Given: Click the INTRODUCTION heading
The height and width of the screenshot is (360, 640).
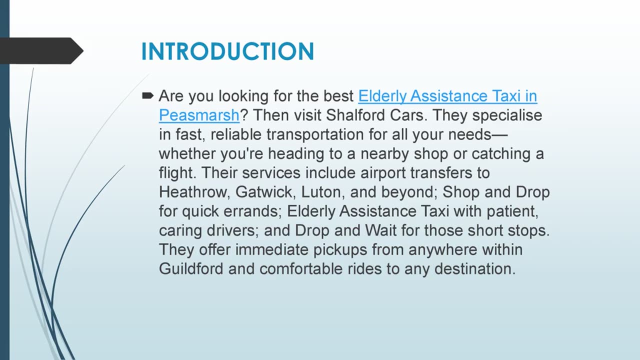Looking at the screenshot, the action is coord(227,51).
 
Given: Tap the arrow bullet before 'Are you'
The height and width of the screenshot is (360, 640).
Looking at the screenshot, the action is coord(147,95).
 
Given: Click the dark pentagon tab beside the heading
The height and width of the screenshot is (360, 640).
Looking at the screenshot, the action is coord(41,51).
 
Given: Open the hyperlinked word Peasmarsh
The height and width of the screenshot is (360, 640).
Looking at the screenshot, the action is coord(199,115).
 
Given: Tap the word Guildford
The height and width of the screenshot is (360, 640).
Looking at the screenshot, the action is coord(191,268).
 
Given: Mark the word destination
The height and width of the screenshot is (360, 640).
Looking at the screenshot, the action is coord(475,268).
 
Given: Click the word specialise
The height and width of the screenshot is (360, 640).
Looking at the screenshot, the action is coord(507,115).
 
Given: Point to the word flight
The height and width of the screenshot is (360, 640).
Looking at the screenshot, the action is coord(177,173).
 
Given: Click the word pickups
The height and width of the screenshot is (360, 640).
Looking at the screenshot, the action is coord(340,249).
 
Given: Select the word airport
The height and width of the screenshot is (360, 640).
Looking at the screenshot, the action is coord(383,173).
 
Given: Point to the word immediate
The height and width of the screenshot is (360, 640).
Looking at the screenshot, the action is coord(271,249).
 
